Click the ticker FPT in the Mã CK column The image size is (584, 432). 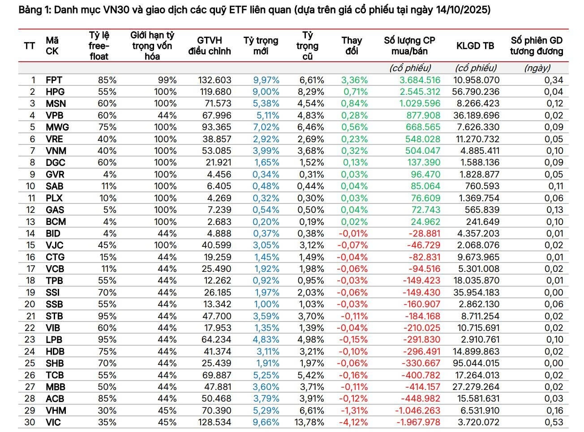(x=54, y=80)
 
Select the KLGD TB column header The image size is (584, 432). (x=475, y=46)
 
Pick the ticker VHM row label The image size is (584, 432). (x=56, y=411)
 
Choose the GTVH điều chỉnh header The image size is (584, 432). (x=210, y=46)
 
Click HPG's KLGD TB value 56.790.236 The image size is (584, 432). (x=476, y=92)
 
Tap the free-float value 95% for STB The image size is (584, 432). (x=107, y=316)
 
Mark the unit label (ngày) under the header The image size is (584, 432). (x=537, y=68)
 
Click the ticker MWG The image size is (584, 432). (x=57, y=127)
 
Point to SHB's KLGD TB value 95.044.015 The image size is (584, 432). (x=476, y=363)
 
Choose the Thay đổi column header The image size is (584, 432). (x=352, y=46)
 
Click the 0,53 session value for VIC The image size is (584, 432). (x=554, y=422)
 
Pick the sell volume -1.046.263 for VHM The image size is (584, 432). (x=417, y=411)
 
